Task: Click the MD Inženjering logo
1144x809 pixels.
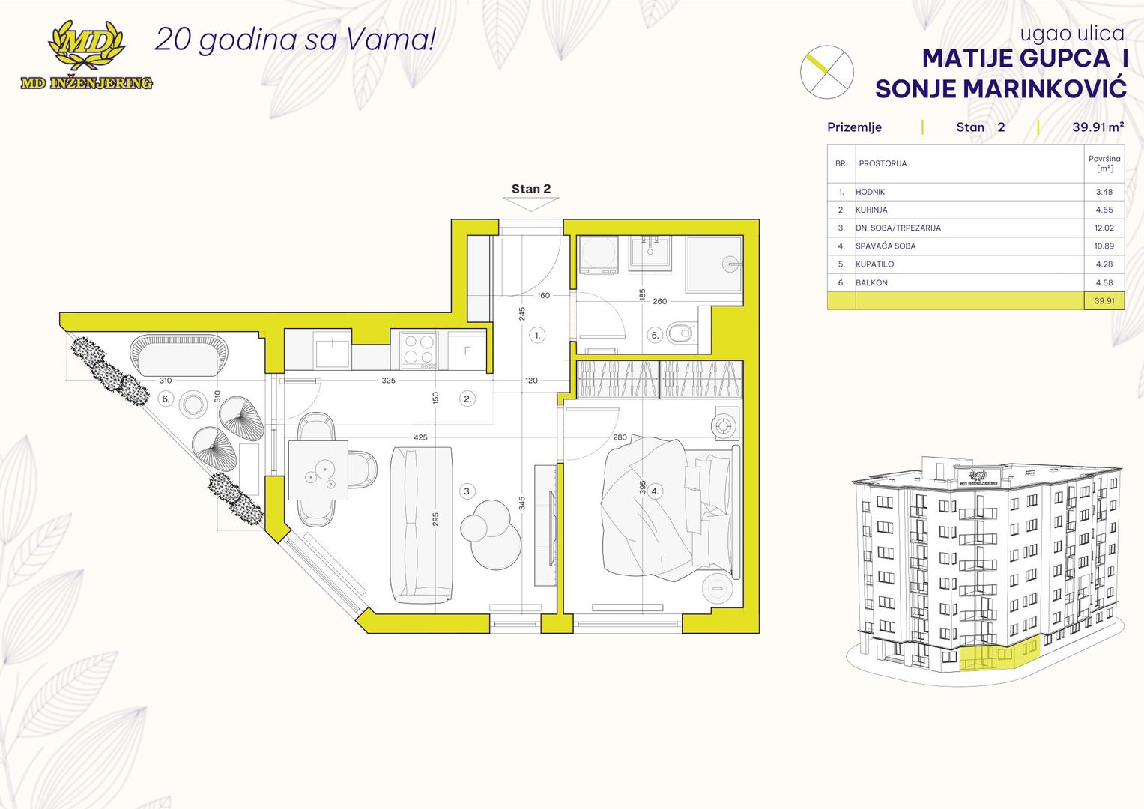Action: pyautogui.click(x=86, y=55)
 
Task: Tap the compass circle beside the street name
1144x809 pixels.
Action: pyautogui.click(x=826, y=72)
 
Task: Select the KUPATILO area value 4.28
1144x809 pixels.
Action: pyautogui.click(x=1104, y=264)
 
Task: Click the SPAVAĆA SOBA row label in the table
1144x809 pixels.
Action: pyautogui.click(x=886, y=246)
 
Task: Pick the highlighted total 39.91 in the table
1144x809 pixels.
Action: pyautogui.click(x=1104, y=301)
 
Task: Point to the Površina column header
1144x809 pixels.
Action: pyautogui.click(x=1104, y=163)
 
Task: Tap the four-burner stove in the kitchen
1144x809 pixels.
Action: pyautogui.click(x=420, y=351)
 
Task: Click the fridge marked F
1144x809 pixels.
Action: pyautogui.click(x=467, y=351)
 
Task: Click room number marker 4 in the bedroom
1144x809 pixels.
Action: pyautogui.click(x=656, y=491)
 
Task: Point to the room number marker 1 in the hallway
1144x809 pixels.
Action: pyautogui.click(x=537, y=336)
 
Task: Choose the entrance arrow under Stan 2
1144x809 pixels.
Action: pyautogui.click(x=530, y=204)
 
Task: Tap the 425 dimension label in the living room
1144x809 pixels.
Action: pyautogui.click(x=420, y=437)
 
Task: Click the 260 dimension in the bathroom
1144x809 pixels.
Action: pyautogui.click(x=659, y=301)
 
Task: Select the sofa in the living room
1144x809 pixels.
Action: pyautogui.click(x=421, y=525)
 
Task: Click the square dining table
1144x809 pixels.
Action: pyautogui.click(x=318, y=470)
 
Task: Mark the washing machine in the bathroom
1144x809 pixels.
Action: pyautogui.click(x=598, y=254)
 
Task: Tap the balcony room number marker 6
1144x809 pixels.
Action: pyautogui.click(x=166, y=399)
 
